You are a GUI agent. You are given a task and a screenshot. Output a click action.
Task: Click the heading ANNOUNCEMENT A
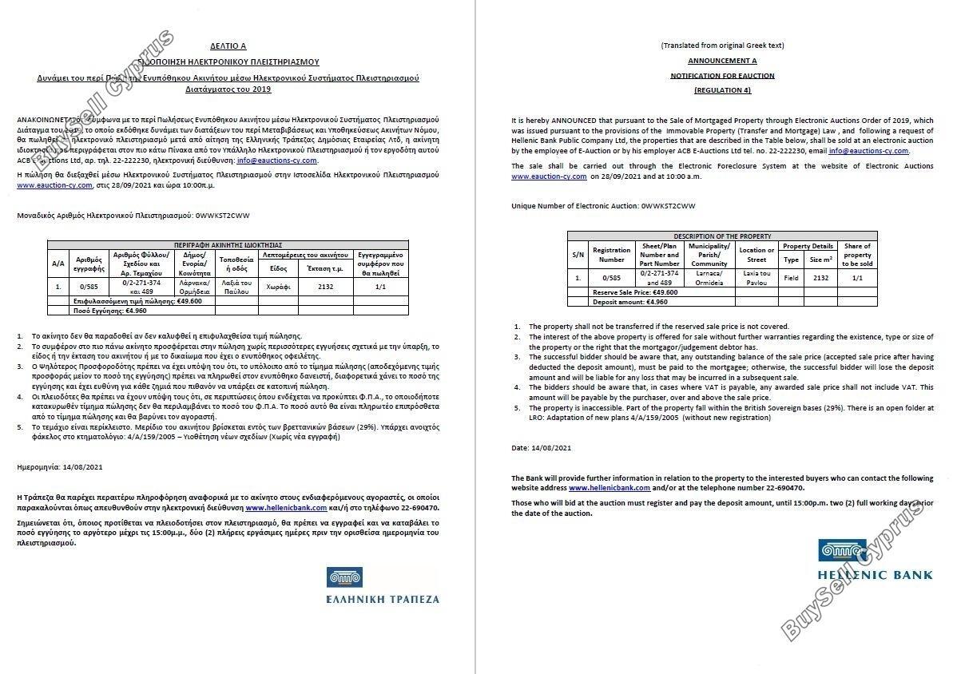(x=722, y=61)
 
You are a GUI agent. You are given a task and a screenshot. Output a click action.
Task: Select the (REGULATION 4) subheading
(x=722, y=90)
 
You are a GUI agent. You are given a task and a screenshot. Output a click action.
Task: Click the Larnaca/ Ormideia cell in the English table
(x=709, y=277)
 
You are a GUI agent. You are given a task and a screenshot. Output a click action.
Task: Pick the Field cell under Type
(x=791, y=277)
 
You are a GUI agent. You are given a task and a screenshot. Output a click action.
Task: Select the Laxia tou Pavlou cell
(x=756, y=277)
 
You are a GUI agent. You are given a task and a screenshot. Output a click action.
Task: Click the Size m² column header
(x=820, y=260)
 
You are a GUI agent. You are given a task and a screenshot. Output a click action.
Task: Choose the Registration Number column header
(x=611, y=255)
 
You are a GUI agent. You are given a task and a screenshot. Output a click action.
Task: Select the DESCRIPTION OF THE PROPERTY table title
(x=722, y=236)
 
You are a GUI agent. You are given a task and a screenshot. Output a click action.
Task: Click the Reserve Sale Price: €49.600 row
(x=635, y=292)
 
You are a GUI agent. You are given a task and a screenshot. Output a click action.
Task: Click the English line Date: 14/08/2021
(x=541, y=447)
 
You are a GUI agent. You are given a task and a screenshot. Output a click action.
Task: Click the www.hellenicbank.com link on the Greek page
(x=285, y=508)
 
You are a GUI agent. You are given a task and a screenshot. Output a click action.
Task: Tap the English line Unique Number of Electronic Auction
(x=603, y=206)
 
